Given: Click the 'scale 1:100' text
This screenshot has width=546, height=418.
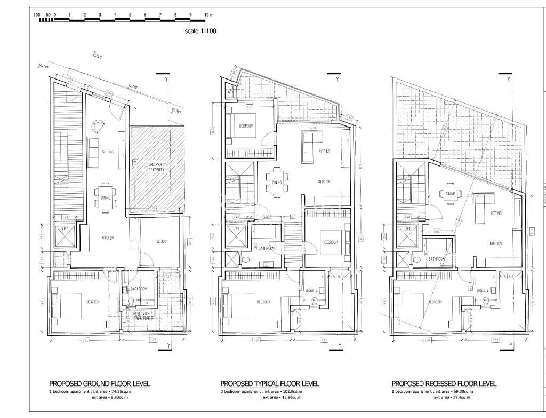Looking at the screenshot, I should [x=200, y=31].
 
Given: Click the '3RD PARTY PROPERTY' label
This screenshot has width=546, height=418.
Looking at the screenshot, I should [x=158, y=167].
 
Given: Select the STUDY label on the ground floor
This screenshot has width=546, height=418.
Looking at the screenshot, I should [x=162, y=241].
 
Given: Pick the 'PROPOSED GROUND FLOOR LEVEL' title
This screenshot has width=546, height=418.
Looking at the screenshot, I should [x=99, y=383].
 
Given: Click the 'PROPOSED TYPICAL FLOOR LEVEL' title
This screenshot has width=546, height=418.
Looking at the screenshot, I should [x=270, y=383].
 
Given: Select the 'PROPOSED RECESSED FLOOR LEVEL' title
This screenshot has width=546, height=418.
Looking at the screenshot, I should [x=444, y=383].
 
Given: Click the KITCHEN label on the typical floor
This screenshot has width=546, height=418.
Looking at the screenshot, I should [x=325, y=182].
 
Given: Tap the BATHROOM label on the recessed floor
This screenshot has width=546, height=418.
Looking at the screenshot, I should [x=439, y=259].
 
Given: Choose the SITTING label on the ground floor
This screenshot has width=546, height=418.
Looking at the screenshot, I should [x=108, y=152].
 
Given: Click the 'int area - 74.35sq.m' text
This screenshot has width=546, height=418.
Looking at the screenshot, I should [x=116, y=392].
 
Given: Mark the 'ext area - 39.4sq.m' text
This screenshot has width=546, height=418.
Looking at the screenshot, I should [x=452, y=398].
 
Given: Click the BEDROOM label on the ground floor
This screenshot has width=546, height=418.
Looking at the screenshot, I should [x=93, y=302].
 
